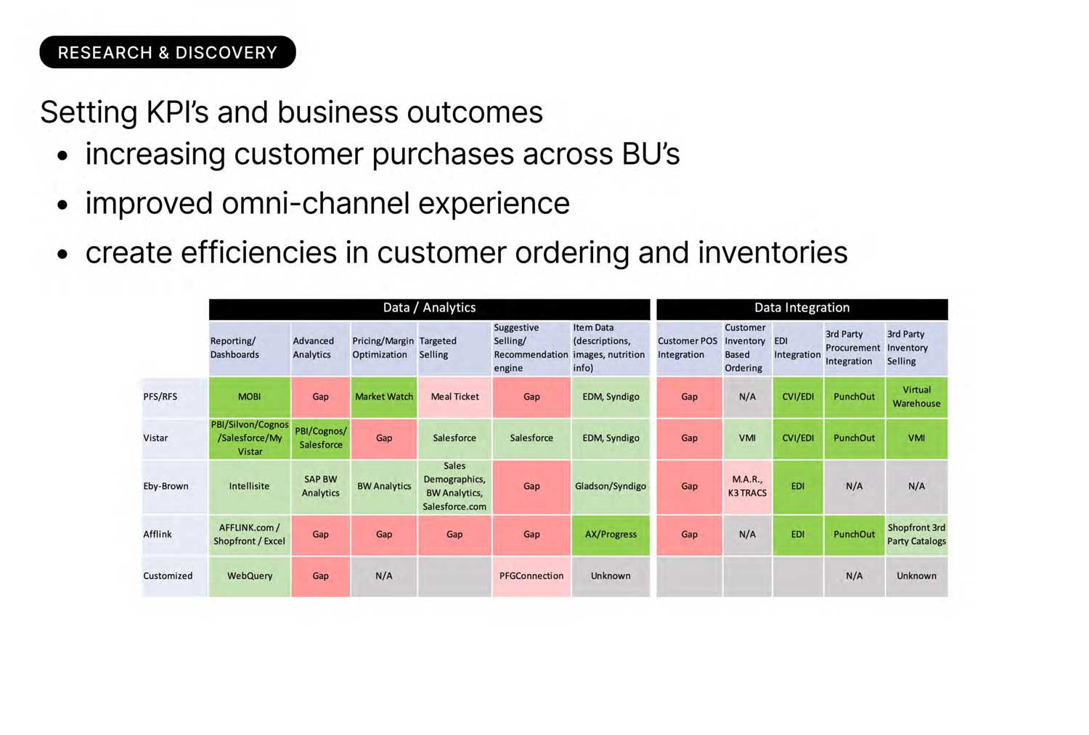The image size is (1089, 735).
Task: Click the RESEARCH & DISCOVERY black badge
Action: point(168,52)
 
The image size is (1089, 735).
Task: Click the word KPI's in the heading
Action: point(177,112)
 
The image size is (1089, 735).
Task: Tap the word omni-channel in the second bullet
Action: point(316,203)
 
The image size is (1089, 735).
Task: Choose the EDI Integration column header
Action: point(798,348)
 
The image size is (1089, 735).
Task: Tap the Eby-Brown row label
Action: point(166,486)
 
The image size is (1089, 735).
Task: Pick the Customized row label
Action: point(168,575)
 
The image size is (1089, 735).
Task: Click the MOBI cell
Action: point(250,397)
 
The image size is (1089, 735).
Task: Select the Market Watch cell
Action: point(384,397)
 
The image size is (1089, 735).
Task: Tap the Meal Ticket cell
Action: point(454,397)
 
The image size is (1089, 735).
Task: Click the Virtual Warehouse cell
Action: point(916,397)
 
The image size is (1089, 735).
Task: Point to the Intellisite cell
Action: point(250,486)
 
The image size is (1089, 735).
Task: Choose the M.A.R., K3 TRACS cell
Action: point(747,486)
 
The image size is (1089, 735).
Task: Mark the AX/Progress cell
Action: point(611,534)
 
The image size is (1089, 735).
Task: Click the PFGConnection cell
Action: point(531,575)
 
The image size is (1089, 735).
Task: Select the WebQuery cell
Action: point(250,575)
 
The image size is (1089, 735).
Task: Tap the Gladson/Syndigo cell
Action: point(611,486)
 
